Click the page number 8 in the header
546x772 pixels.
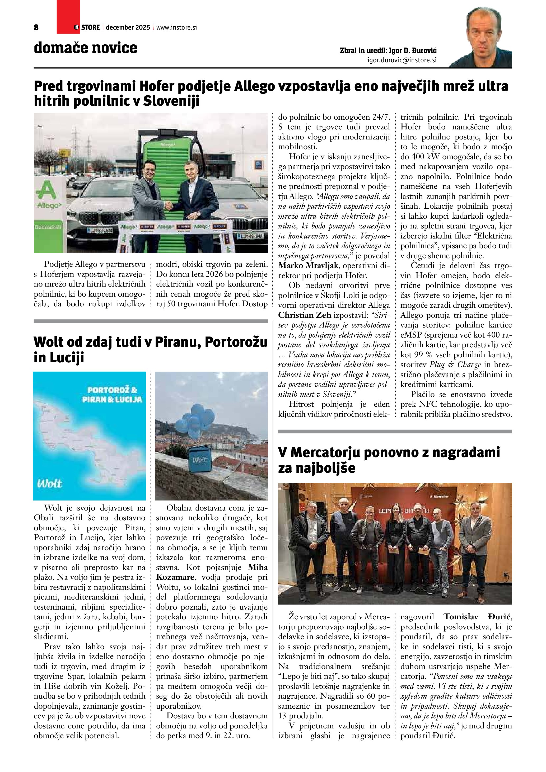coord(36,27)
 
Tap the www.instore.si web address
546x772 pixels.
coord(176,27)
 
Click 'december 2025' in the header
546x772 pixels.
coord(128,27)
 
